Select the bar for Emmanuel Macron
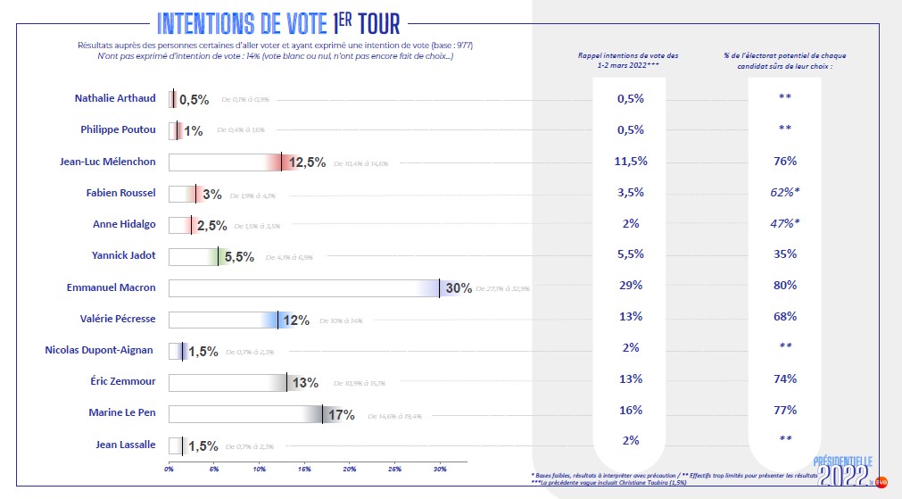coord(303,287)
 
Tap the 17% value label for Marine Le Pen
coord(342,414)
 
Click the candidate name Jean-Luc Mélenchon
coord(108,162)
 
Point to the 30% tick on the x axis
coord(440,468)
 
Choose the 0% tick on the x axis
coord(169,468)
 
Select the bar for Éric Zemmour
coord(228,382)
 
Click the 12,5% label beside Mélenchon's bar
coord(308,162)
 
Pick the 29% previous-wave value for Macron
coord(630,287)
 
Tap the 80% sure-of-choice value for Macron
coord(785,287)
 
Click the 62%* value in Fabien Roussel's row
coord(785,192)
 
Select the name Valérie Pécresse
coord(118,319)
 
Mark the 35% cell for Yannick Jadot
coord(785,254)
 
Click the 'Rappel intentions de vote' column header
coord(629,61)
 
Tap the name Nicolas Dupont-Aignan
coord(100,350)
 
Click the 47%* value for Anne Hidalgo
coord(785,223)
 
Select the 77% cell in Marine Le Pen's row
coord(785,412)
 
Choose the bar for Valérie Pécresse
coord(223,320)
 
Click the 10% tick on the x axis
coord(259,468)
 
